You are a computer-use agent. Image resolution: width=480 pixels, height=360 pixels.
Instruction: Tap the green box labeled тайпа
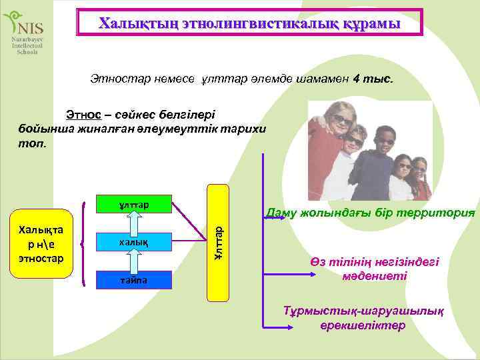134,281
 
